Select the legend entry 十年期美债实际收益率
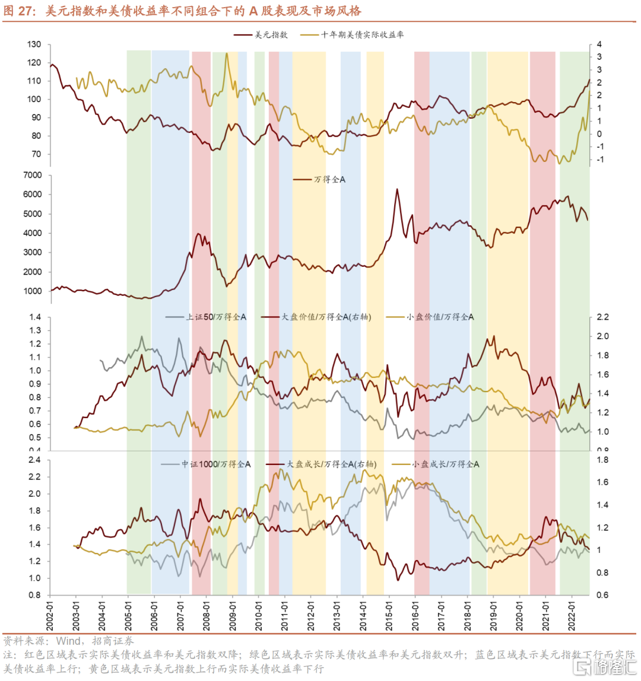tap(362, 35)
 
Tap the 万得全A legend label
tap(329, 179)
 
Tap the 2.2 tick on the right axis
tap(601, 317)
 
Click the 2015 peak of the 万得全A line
tap(397, 189)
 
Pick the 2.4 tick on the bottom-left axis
tap(34, 460)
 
